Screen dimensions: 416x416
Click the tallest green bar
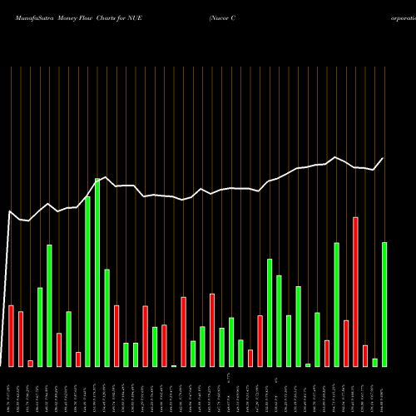click(x=97, y=273)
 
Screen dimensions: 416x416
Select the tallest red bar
click(x=355, y=291)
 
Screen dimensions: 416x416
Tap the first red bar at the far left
click(x=12, y=335)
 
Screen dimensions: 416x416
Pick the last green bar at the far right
click(x=384, y=304)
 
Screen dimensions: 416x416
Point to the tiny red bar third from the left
click(x=31, y=363)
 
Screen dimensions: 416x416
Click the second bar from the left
click(x=21, y=339)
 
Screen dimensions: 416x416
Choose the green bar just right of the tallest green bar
click(x=106, y=318)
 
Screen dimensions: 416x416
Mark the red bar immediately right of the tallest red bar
click(x=365, y=355)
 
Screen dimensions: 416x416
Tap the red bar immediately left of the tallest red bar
click(x=346, y=343)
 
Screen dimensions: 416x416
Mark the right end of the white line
click(x=383, y=159)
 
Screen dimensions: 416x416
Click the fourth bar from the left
click(x=40, y=327)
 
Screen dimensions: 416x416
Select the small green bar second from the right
click(x=374, y=362)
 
